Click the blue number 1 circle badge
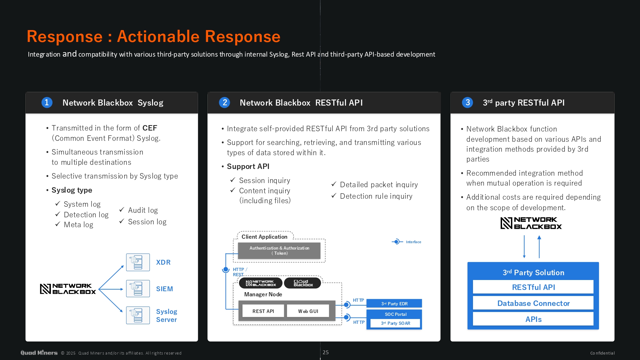[47, 102]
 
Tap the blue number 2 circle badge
[225, 102]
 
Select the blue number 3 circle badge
[468, 102]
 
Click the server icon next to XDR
[138, 262]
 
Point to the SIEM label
[164, 289]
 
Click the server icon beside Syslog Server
[138, 315]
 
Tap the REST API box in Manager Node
[263, 311]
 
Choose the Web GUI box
[308, 311]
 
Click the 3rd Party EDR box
[394, 303]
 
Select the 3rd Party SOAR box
[396, 323]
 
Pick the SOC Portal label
[396, 314]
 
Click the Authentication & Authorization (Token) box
[279, 251]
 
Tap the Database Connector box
[533, 303]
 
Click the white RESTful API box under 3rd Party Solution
[533, 287]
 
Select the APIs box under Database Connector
[533, 319]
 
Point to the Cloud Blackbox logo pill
[303, 283]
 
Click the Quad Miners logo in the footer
[39, 353]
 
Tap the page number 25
[325, 352]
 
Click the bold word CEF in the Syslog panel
[150, 128]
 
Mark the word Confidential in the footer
[602, 353]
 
